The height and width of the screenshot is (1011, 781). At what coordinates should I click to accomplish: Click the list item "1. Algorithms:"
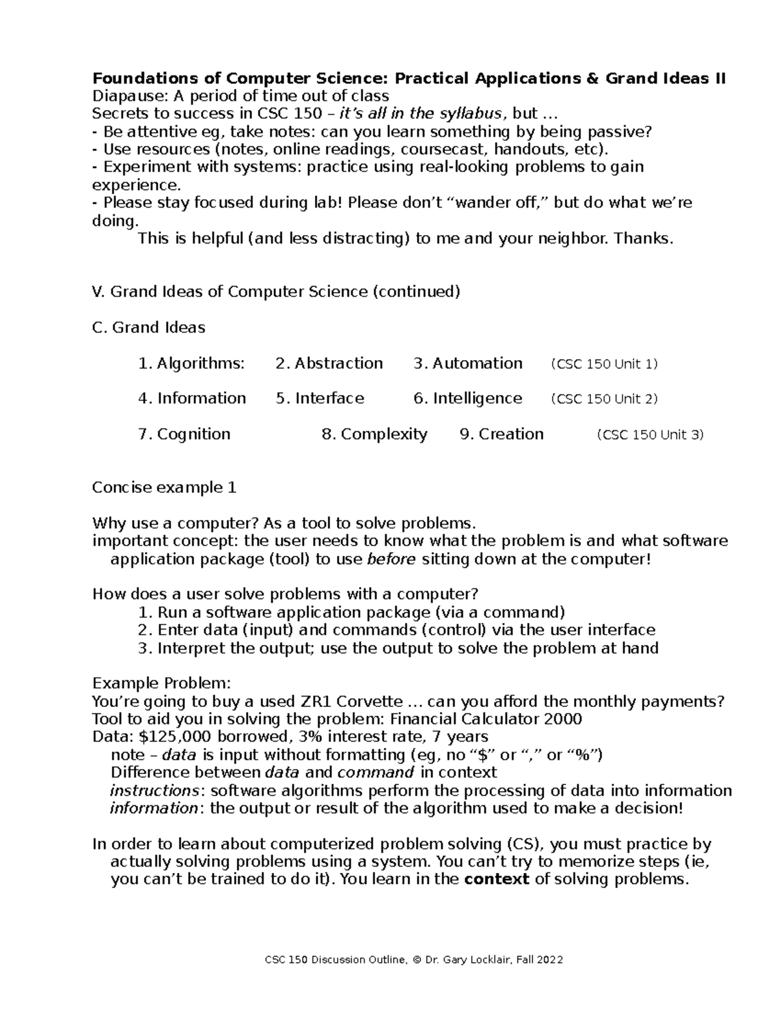coord(191,363)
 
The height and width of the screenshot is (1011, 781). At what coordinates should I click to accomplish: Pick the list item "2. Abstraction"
coord(329,363)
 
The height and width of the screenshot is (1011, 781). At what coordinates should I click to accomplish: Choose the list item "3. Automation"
coord(468,363)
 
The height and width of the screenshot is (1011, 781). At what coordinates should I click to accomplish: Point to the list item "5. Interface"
coord(320,398)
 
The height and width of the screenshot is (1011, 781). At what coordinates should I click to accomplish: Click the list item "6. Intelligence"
coord(468,398)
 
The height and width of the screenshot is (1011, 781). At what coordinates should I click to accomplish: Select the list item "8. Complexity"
coord(375,434)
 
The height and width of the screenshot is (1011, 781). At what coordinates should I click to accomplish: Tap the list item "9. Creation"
coord(502,434)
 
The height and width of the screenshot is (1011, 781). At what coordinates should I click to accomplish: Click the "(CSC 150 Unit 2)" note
coord(604,399)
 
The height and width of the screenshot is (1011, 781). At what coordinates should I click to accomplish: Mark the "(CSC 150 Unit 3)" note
coord(650,435)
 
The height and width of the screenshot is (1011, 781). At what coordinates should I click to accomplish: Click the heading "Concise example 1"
coord(164,488)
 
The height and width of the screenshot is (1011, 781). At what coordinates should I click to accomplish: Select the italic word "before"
coord(391,559)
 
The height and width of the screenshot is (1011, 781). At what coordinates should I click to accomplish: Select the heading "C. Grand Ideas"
coord(149,327)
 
